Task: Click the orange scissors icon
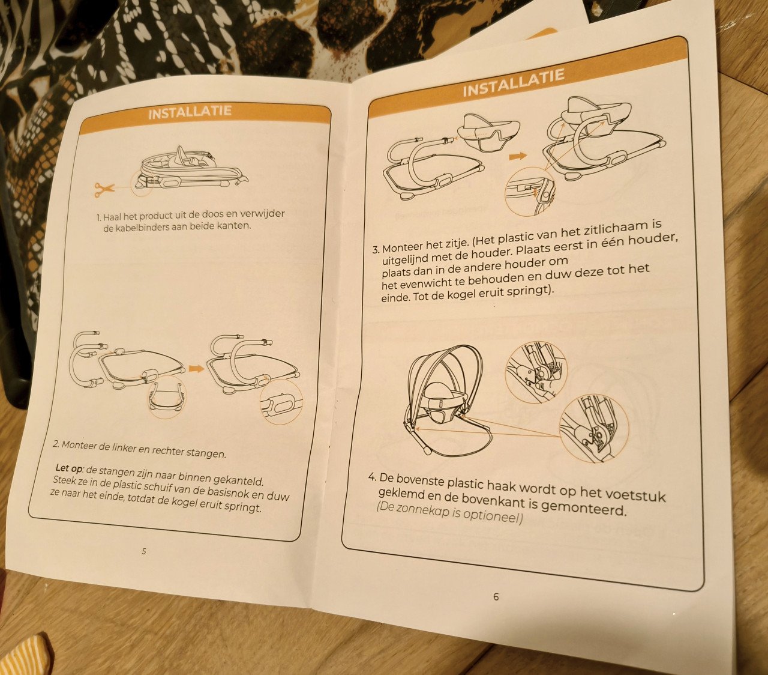pyautogui.click(x=104, y=190)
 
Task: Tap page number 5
pyautogui.click(x=143, y=551)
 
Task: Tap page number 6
pyautogui.click(x=496, y=597)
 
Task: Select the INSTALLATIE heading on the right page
pyautogui.click(x=514, y=83)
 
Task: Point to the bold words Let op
pyautogui.click(x=68, y=468)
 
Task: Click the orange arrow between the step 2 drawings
pyautogui.click(x=196, y=368)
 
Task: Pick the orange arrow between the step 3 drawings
pyautogui.click(x=518, y=156)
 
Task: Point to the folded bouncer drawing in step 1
pyautogui.click(x=193, y=171)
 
